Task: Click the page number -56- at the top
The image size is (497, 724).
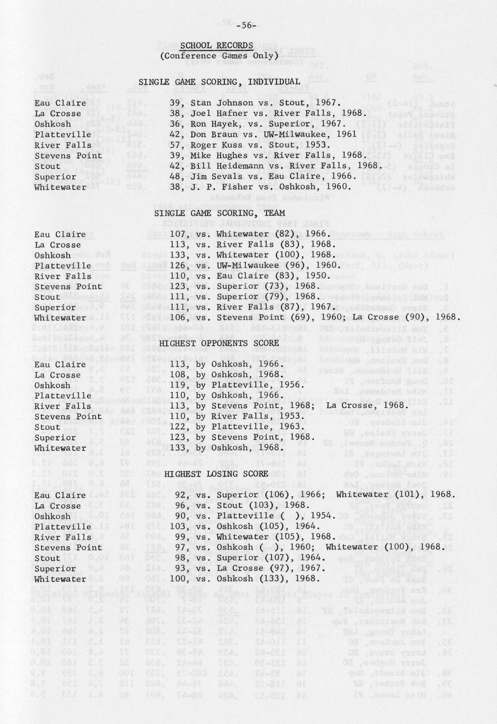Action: pyautogui.click(x=246, y=25)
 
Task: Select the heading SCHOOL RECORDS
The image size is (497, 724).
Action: pyautogui.click(x=217, y=46)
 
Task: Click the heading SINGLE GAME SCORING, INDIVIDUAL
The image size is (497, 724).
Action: pyautogui.click(x=219, y=82)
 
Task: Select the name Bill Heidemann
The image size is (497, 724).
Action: pyautogui.click(x=224, y=166)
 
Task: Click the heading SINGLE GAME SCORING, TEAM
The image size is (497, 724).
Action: pyautogui.click(x=219, y=213)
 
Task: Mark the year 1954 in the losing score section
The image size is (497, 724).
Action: pyautogui.click(x=323, y=516)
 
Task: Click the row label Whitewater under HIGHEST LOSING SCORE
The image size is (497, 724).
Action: pyautogui.click(x=60, y=579)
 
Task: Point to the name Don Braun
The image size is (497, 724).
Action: pyautogui.click(x=212, y=134)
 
